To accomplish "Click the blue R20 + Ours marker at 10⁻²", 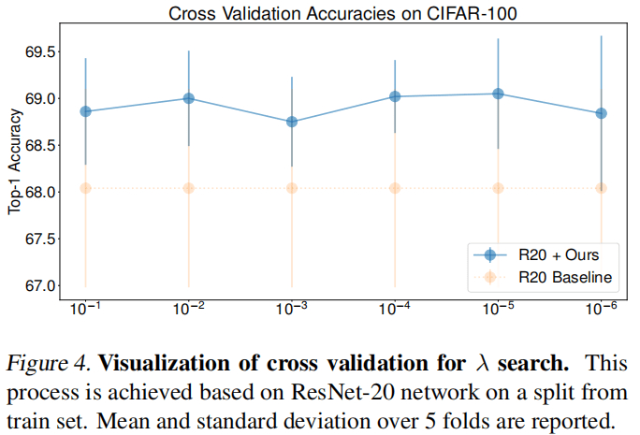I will coord(189,98).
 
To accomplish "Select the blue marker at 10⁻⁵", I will coord(498,94).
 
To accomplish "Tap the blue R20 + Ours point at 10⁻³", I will coord(292,122).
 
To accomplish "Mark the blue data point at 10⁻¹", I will coord(86,111).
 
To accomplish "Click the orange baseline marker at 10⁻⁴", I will coord(395,188).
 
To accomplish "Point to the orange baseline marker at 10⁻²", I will coord(189,188).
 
